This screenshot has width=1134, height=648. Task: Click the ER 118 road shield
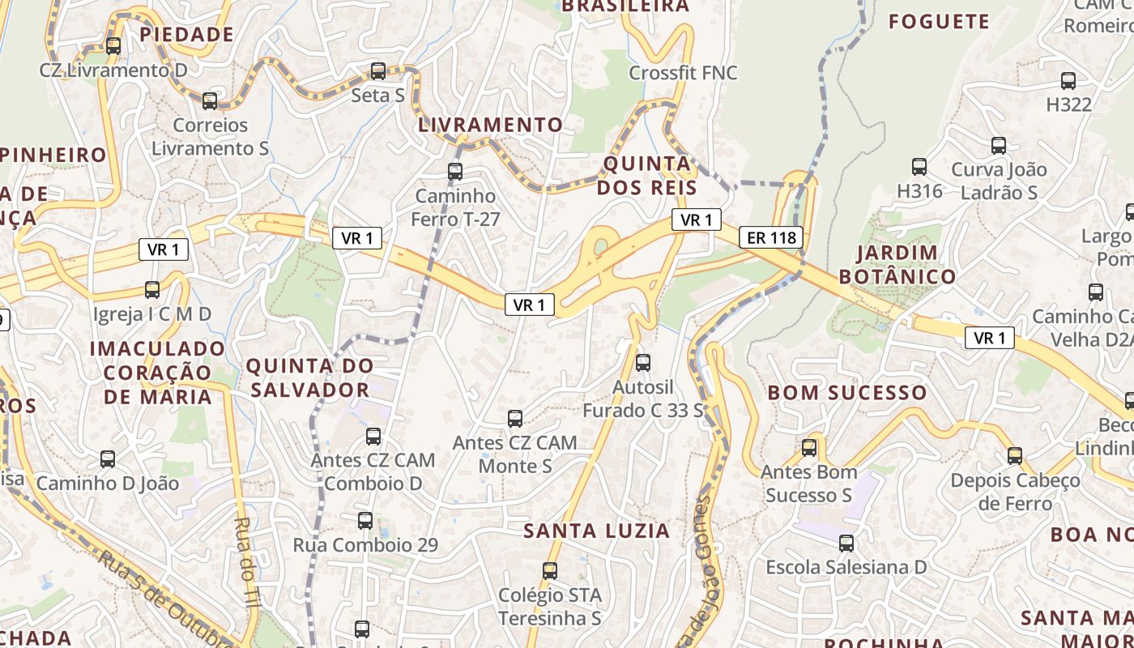pyautogui.click(x=771, y=237)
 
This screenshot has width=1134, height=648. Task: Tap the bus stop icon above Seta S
pyautogui.click(x=377, y=71)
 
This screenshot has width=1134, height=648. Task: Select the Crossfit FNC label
pyautogui.click(x=683, y=73)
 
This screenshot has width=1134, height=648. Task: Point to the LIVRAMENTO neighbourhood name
pyautogui.click(x=490, y=125)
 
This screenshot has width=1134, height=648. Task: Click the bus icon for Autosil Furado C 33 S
pyautogui.click(x=643, y=363)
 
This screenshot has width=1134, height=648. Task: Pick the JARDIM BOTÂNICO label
pyautogui.click(x=897, y=265)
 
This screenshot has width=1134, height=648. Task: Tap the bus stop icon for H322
pyautogui.click(x=1068, y=81)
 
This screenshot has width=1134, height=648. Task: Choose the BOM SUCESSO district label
pyautogui.click(x=846, y=393)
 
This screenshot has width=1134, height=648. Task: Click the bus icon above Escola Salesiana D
pyautogui.click(x=846, y=544)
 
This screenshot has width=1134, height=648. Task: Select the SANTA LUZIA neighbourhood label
pyautogui.click(x=596, y=531)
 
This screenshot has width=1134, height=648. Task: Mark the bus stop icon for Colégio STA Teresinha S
pyautogui.click(x=550, y=571)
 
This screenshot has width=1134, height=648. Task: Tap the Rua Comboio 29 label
pyautogui.click(x=365, y=545)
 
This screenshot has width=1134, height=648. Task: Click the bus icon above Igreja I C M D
pyautogui.click(x=152, y=290)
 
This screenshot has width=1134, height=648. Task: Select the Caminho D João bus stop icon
pyautogui.click(x=108, y=459)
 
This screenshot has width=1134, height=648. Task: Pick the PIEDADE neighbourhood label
pyautogui.click(x=186, y=35)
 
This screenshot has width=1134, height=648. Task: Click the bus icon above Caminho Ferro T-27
pyautogui.click(x=455, y=172)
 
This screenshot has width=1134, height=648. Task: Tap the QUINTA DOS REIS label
pyautogui.click(x=649, y=176)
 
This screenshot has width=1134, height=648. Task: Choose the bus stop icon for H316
pyautogui.click(x=919, y=167)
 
